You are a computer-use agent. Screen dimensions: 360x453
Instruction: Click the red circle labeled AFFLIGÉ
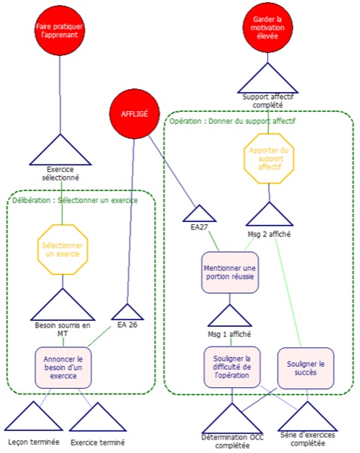click(x=134, y=114)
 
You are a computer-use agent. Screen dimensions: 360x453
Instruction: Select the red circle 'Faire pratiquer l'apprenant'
click(x=60, y=30)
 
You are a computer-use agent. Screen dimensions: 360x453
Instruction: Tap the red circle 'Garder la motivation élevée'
click(x=268, y=28)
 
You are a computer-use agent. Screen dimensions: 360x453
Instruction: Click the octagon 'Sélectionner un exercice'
click(x=63, y=250)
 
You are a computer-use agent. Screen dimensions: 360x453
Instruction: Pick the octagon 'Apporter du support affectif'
click(x=269, y=159)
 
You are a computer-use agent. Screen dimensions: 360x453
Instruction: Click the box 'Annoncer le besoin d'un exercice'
click(x=63, y=368)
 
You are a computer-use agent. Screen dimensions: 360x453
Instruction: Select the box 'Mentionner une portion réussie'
click(x=229, y=273)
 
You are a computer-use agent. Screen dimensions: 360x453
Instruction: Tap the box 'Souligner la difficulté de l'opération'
click(x=232, y=367)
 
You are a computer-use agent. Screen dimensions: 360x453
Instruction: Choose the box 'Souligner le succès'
click(x=306, y=368)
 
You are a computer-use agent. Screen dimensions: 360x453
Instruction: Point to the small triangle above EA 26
click(x=128, y=313)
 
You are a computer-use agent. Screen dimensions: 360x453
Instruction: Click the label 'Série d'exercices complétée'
click(x=307, y=439)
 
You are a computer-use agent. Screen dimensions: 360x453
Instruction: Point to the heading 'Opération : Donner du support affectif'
click(x=232, y=121)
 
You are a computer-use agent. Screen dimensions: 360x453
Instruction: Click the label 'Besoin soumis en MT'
click(x=63, y=329)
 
